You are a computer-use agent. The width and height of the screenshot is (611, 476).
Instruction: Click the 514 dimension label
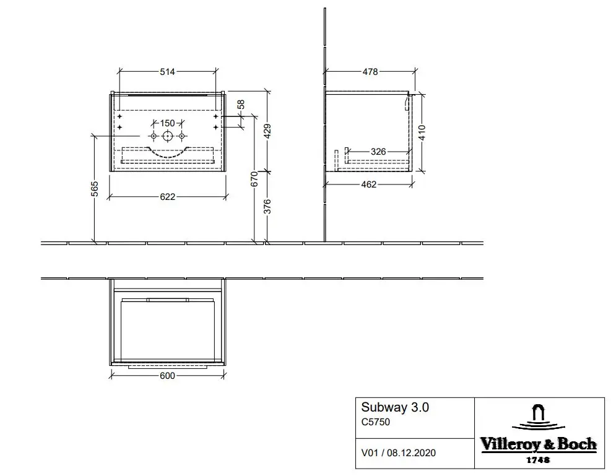tap(167, 72)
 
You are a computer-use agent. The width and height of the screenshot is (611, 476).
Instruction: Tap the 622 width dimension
tap(168, 197)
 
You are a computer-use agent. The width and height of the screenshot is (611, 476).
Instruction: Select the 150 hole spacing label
tap(168, 123)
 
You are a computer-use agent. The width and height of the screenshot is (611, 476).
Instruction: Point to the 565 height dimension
tap(95, 189)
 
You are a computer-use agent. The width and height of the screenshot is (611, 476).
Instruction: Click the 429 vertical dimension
tap(267, 131)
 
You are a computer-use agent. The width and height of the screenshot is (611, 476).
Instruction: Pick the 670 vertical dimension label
tap(254, 179)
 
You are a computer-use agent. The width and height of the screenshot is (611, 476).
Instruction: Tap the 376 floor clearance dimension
tap(267, 207)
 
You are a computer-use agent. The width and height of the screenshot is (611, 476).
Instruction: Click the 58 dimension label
tap(241, 105)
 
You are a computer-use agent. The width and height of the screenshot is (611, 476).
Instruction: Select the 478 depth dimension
tap(370, 72)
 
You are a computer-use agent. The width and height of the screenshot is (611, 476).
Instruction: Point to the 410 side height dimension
tap(422, 132)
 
